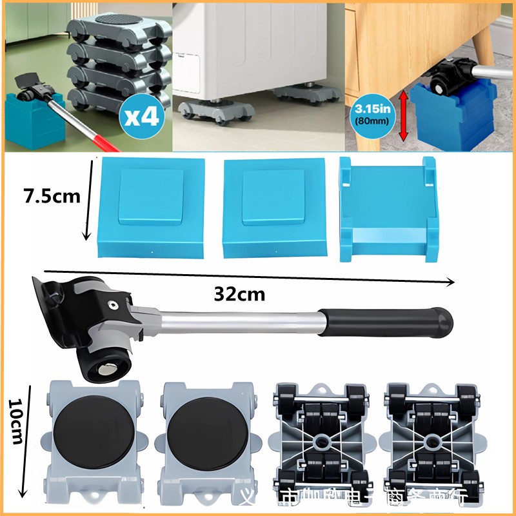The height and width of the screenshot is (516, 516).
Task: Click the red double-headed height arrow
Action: tap(404, 115)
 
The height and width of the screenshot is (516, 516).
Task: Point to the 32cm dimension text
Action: tap(239, 294)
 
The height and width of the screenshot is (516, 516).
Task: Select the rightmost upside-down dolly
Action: tap(432, 442)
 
